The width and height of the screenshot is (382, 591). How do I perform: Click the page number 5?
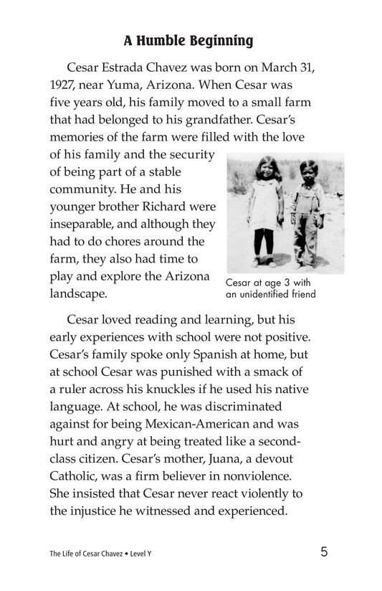325,552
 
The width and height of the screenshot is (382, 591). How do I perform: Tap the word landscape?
78,294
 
